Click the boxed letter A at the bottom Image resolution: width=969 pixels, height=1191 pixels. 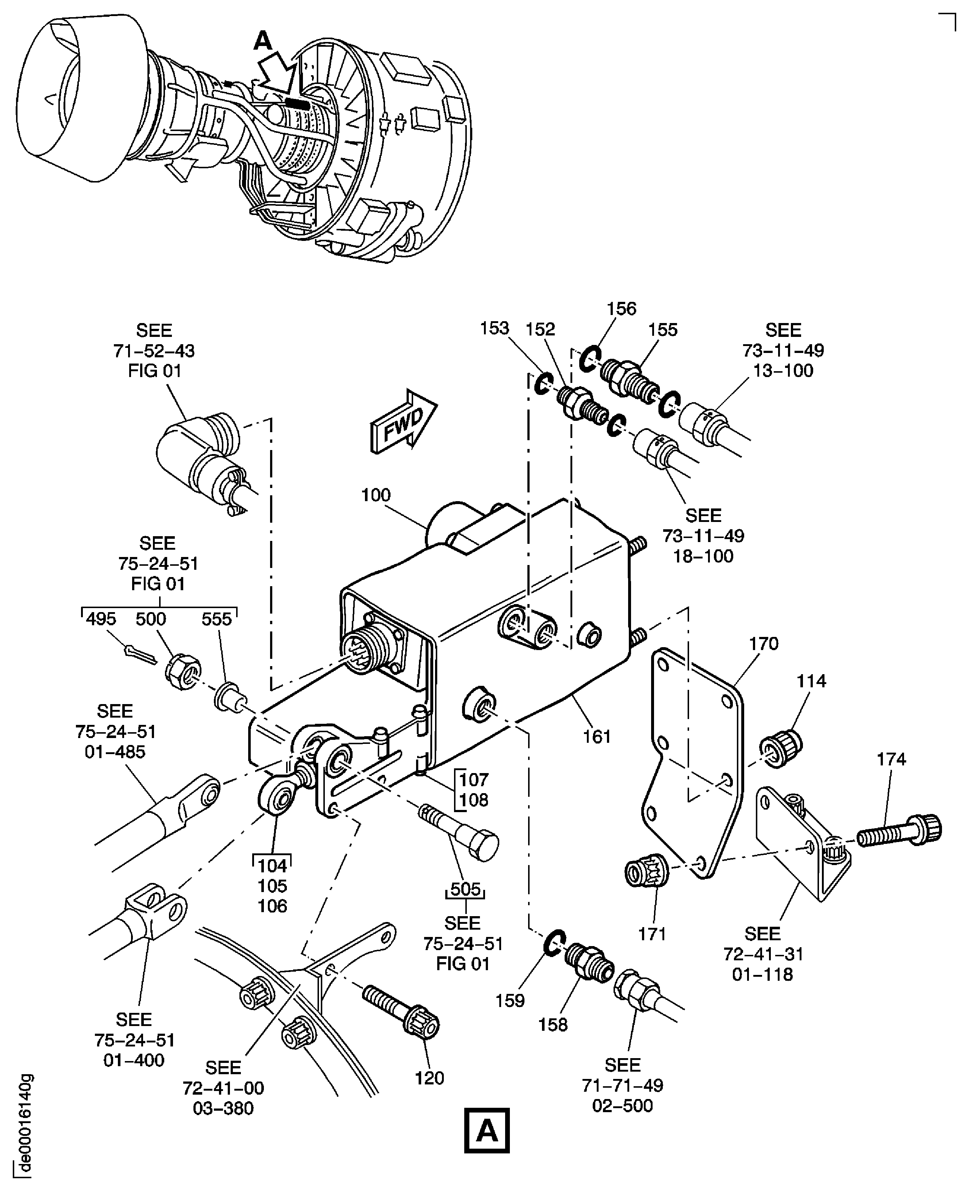pos(487,1131)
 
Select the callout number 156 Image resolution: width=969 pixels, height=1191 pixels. pos(621,309)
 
